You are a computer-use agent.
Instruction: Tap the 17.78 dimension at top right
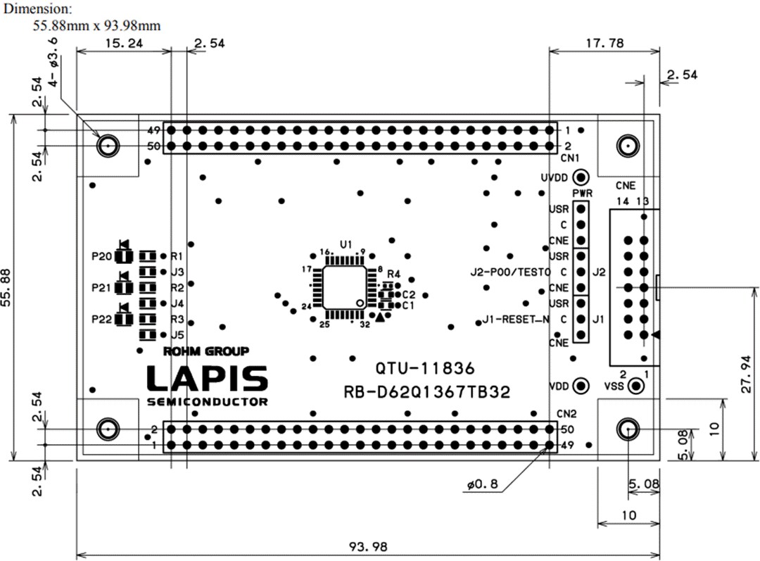[604, 43]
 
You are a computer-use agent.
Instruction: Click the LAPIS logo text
[207, 379]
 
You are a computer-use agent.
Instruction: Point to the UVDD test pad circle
[581, 177]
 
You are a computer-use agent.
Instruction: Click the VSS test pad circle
[635, 386]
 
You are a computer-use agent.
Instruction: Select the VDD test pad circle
[581, 386]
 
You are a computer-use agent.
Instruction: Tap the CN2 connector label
[566, 414]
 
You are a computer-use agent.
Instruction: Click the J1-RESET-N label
[516, 320]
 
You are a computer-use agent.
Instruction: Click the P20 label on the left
[101, 256]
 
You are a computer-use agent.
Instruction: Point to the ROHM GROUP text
[205, 351]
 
